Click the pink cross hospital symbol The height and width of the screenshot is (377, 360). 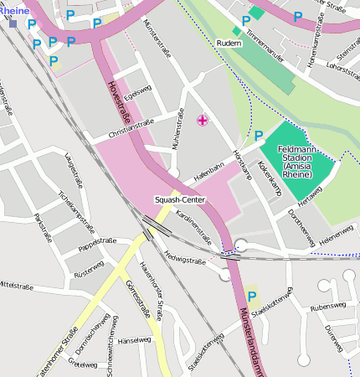pos(202,121)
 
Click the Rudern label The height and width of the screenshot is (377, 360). pos(229,43)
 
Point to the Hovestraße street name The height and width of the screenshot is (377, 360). pos(117,100)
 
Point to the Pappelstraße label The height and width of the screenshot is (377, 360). pos(97,243)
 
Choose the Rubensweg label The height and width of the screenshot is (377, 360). pos(327,306)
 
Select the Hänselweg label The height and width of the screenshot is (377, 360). pos(134,340)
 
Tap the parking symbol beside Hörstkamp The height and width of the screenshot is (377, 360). pos(258,135)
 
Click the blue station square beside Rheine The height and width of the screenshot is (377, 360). pos(13,23)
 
